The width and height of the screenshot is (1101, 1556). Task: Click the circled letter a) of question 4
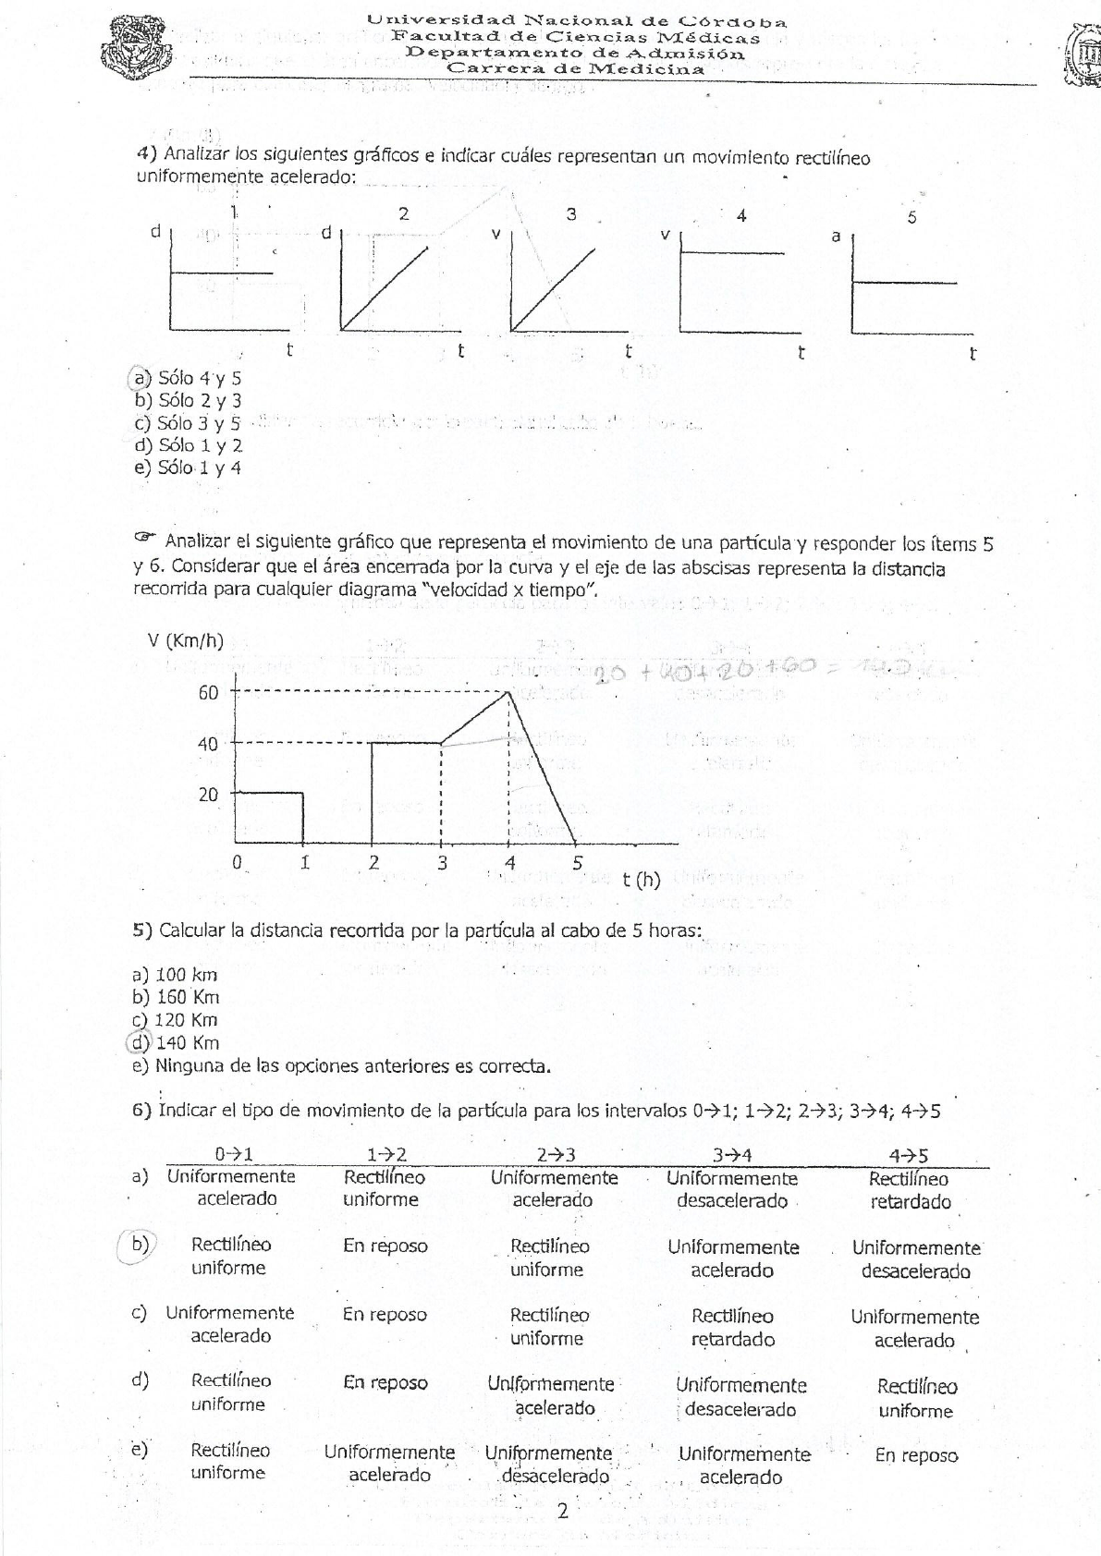click(x=141, y=378)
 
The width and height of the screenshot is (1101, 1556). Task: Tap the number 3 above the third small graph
click(x=571, y=214)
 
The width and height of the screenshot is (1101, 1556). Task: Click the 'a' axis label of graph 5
click(x=836, y=237)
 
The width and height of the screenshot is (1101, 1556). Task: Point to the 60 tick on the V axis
click(x=208, y=693)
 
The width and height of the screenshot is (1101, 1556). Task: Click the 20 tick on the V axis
click(x=208, y=795)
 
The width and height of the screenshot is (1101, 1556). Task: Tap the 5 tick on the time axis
click(x=578, y=864)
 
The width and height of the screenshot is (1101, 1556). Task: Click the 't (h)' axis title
click(x=642, y=879)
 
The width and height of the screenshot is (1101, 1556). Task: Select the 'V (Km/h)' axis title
click(x=185, y=641)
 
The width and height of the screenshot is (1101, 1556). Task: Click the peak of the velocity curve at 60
click(x=509, y=691)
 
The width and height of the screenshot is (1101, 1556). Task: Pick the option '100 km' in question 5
click(x=186, y=974)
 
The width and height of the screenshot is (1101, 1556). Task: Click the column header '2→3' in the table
click(x=556, y=1155)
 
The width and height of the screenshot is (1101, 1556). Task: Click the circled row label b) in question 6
click(x=140, y=1245)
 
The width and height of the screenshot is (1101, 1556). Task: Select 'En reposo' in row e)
click(x=916, y=1455)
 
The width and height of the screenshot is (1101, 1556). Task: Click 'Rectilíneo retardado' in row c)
click(x=733, y=1328)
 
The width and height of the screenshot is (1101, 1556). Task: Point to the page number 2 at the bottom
click(x=562, y=1512)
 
